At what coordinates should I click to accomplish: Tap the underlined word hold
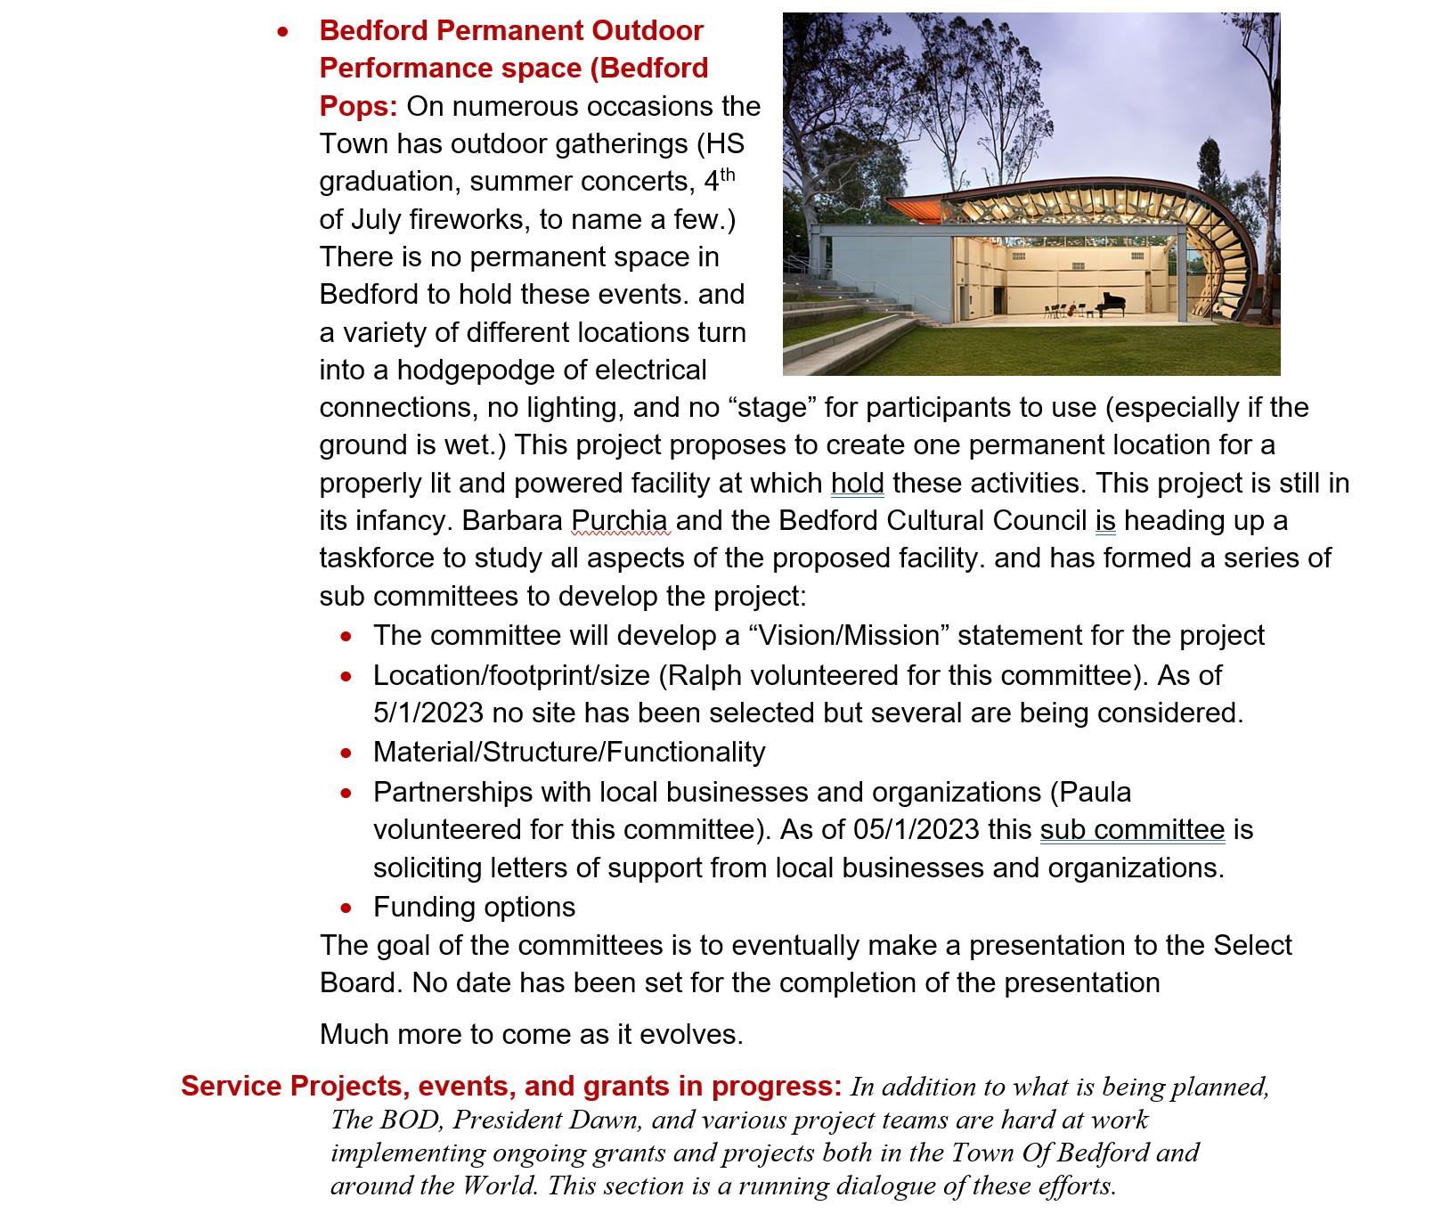point(857,484)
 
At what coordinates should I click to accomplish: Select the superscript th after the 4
point(728,174)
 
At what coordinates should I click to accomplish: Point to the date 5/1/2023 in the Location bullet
point(428,713)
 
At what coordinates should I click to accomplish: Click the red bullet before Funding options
point(346,908)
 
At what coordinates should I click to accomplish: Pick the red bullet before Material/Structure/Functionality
point(346,754)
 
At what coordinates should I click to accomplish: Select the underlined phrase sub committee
point(1132,830)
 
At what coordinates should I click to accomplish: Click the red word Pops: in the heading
point(358,107)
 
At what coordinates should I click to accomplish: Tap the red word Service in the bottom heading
point(232,1087)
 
